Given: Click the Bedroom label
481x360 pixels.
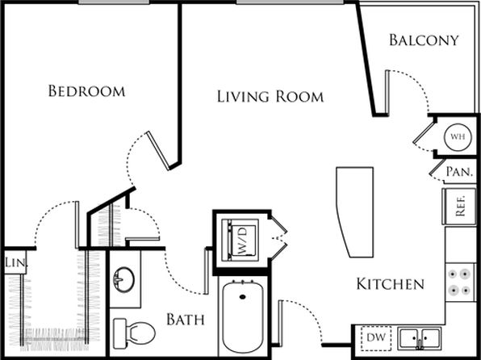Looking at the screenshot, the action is [x=87, y=91].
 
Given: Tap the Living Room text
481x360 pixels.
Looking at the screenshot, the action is [x=270, y=96].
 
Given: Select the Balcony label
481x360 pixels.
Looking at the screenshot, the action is [x=424, y=40].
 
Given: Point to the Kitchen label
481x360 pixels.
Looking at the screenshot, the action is [x=390, y=284].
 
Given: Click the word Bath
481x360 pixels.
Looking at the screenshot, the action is [x=186, y=320].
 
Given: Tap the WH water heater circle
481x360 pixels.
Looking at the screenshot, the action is [x=458, y=137].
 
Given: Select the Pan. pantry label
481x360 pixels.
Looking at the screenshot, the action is [x=459, y=172].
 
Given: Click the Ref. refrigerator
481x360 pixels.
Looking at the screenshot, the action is [x=459, y=207].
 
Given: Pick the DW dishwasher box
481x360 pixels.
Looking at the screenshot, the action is [x=376, y=338].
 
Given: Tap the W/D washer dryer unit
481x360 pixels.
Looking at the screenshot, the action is [x=240, y=241].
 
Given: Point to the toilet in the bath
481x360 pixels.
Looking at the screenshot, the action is [x=134, y=333].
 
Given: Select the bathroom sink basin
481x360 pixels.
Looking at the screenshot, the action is [x=124, y=279].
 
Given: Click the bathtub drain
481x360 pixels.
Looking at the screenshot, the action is [x=243, y=297].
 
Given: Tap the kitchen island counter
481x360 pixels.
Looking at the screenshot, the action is [x=356, y=212].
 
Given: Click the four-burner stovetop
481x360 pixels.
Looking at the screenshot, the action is [x=460, y=282].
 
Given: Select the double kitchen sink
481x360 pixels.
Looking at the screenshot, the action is [x=420, y=338].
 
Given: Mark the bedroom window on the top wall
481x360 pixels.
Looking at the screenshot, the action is [x=114, y=2].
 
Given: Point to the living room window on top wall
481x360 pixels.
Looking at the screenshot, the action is [x=290, y=2].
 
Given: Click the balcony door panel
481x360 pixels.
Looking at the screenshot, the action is [x=387, y=92].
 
